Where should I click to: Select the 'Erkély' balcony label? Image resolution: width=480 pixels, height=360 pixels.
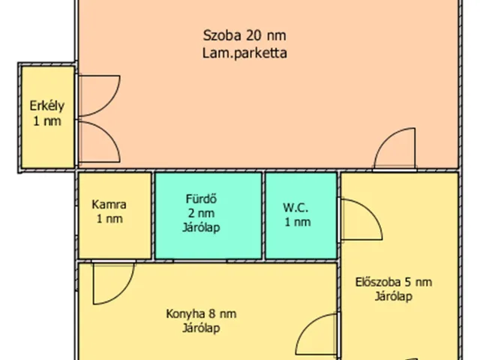[46, 105]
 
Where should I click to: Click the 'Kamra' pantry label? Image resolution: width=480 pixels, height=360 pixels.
[109, 204]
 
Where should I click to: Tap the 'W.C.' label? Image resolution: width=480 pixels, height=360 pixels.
[296, 206]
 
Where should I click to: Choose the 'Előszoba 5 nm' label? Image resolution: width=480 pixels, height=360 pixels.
[394, 282]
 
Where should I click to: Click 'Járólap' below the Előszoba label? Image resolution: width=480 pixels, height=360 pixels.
[394, 296]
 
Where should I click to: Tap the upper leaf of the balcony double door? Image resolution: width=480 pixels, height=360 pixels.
[96, 95]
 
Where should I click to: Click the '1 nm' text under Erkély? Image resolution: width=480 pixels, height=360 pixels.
[46, 120]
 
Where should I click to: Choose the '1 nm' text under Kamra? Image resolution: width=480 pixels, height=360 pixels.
[109, 219]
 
